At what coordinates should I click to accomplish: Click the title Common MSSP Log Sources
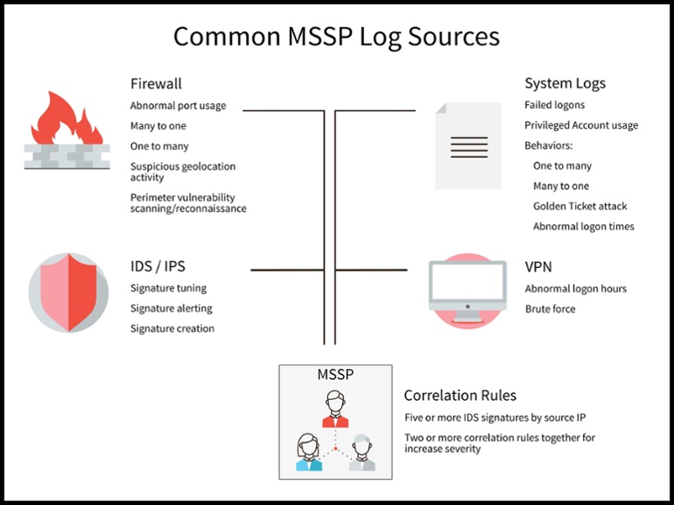tap(336, 37)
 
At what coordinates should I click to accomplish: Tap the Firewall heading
tap(156, 84)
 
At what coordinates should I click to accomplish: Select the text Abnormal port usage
tap(178, 106)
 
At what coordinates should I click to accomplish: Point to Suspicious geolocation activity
tap(182, 172)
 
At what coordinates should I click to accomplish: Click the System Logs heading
tap(565, 84)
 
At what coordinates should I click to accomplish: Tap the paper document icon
tap(469, 146)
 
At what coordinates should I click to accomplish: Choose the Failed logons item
tap(555, 105)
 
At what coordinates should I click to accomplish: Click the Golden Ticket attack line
tap(579, 207)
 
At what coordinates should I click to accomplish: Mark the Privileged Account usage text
tap(581, 125)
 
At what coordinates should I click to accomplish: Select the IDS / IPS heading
tap(158, 267)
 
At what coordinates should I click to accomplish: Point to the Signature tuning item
tap(168, 288)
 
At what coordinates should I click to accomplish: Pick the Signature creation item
tap(172, 329)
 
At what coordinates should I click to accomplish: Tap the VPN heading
tap(538, 267)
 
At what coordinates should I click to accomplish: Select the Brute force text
tap(550, 309)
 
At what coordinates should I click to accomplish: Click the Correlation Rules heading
tap(460, 396)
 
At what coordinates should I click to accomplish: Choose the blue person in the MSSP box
tap(309, 452)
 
